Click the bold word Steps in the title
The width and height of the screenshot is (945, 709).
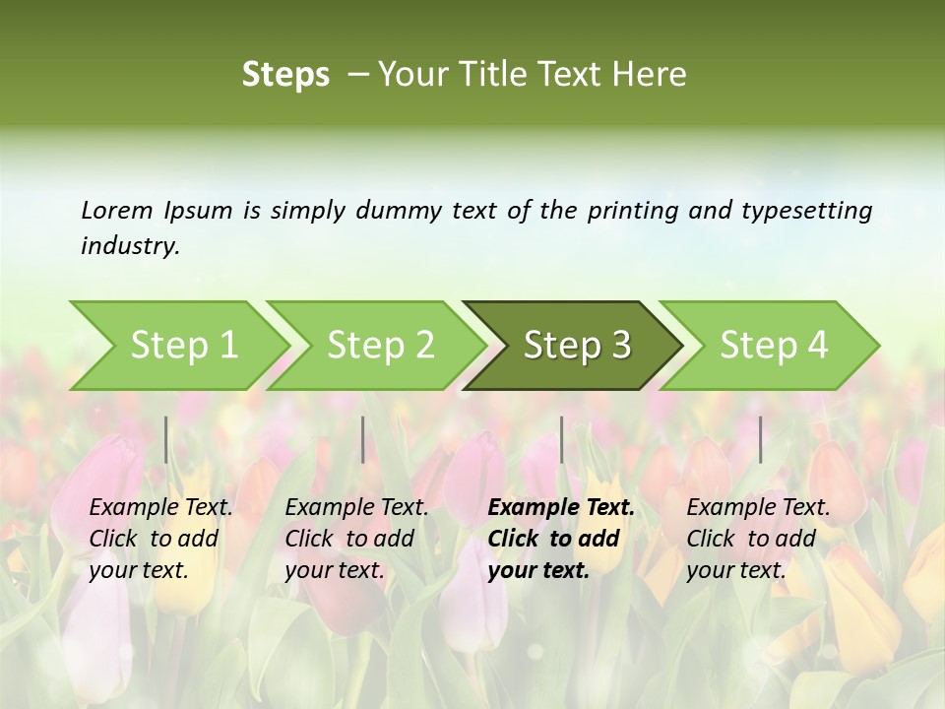pos(285,75)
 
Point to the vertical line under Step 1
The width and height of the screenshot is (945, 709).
pos(166,439)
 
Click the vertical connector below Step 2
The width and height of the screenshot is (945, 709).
pos(363,439)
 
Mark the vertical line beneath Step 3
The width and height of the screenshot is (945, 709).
pos(561,439)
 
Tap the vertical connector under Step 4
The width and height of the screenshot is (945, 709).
pos(760,439)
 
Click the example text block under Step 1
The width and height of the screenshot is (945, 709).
pos(160,539)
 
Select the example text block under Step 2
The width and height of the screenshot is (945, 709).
pos(356,539)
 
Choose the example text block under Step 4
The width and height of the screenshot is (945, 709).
pos(758,539)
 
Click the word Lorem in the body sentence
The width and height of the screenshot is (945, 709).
pos(117,211)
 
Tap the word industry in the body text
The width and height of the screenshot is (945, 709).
pos(129,246)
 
